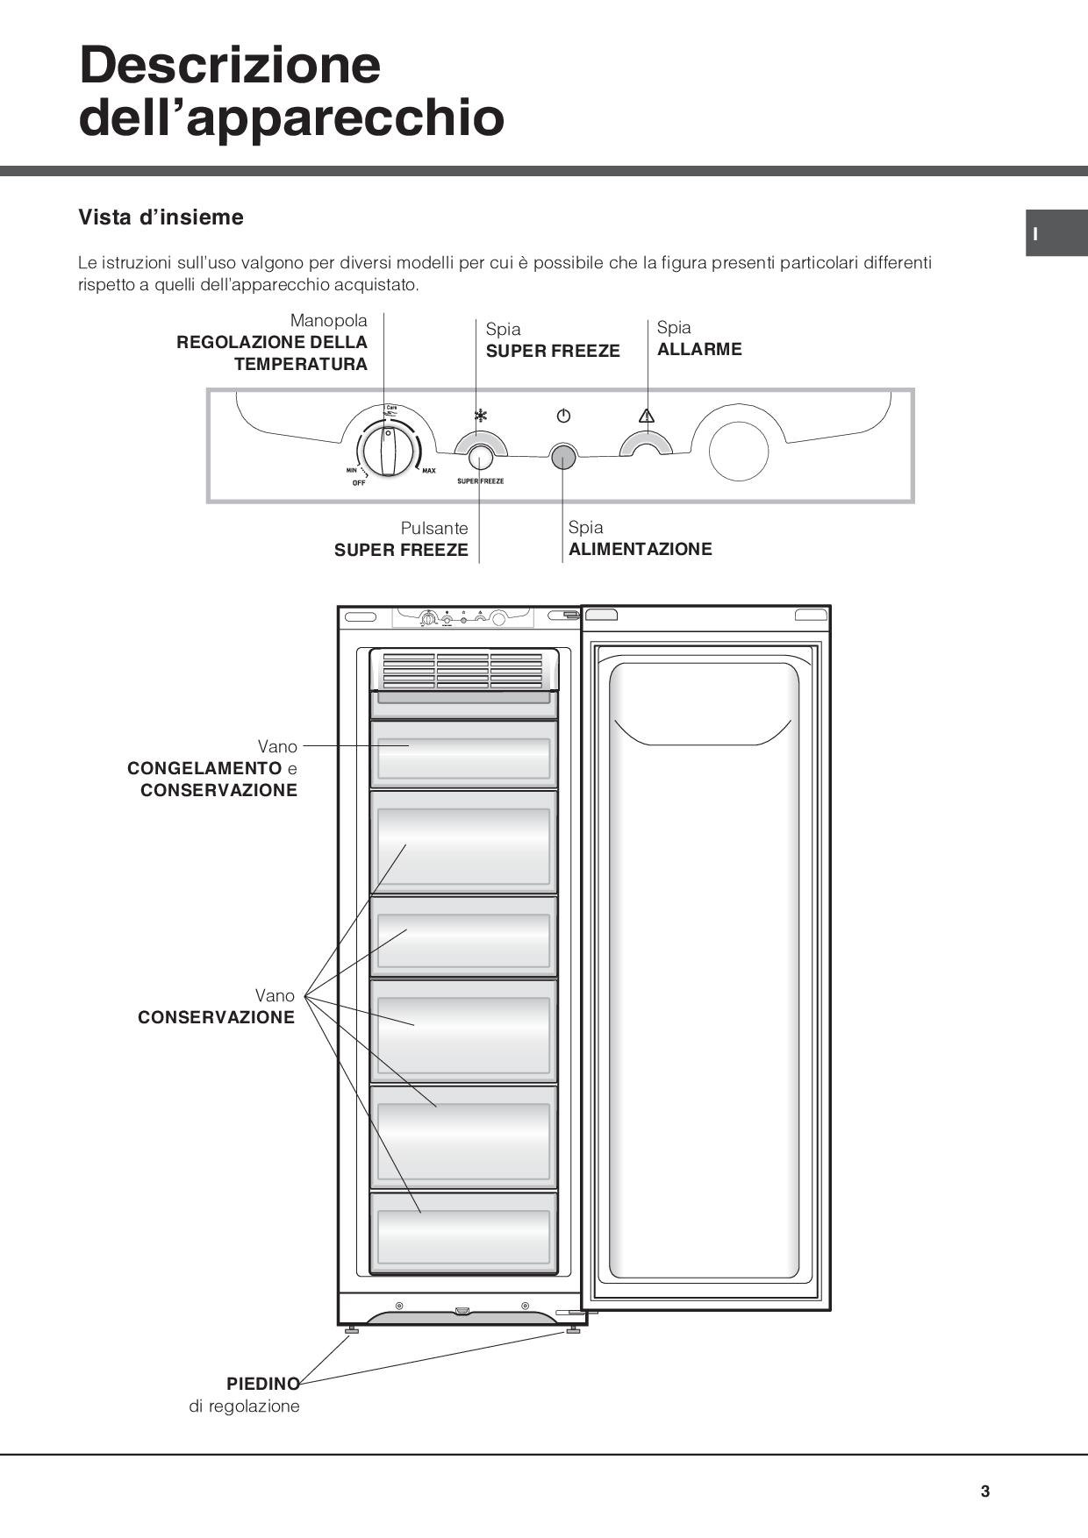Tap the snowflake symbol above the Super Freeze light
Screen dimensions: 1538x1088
[480, 416]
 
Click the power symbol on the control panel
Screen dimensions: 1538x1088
[563, 416]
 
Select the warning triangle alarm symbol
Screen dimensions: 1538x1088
[647, 416]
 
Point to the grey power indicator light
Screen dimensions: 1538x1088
[562, 455]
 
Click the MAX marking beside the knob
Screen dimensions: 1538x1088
[428, 471]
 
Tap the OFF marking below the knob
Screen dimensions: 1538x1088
[359, 483]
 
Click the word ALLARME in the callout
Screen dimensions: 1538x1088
[699, 349]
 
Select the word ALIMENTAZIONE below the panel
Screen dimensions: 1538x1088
[640, 549]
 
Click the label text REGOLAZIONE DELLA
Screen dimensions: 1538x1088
[272, 342]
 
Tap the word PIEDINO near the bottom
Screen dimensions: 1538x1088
[262, 1384]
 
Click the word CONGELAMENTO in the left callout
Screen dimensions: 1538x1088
[204, 768]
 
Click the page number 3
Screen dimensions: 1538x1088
[985, 1492]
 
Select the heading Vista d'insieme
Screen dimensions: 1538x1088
[161, 217]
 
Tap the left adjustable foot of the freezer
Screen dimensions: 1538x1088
[352, 1331]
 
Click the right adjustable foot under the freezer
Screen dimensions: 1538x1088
[573, 1330]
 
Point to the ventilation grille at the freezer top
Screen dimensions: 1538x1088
[463, 670]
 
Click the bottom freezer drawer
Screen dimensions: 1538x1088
[463, 1232]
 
